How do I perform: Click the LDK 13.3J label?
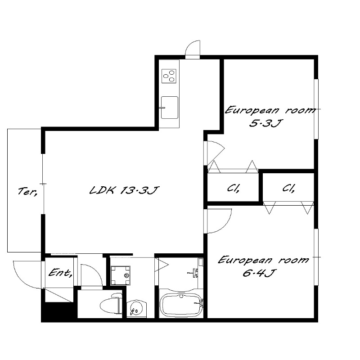(x=124, y=190)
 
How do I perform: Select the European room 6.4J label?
(x=263, y=266)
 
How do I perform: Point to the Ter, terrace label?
(x=27, y=191)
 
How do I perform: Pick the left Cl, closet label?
(x=234, y=189)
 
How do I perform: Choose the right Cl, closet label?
(x=288, y=188)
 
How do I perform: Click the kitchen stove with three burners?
(x=169, y=76)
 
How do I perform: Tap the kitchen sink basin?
(x=170, y=108)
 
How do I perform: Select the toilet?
(x=111, y=305)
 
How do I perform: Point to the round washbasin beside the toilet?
(x=136, y=308)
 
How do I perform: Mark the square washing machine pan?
(x=120, y=275)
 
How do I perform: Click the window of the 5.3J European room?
(x=316, y=109)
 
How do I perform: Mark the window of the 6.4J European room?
(x=316, y=257)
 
